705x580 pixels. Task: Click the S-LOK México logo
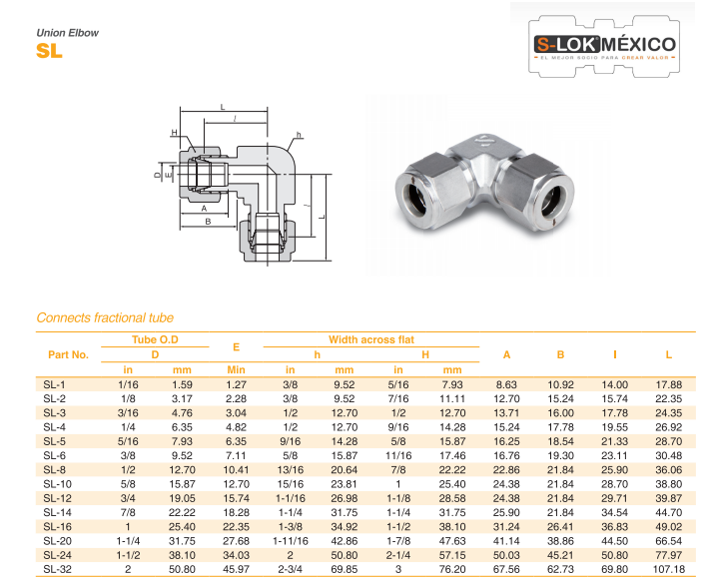click(x=604, y=46)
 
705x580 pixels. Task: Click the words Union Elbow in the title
click(x=68, y=33)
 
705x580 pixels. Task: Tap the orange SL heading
click(x=49, y=51)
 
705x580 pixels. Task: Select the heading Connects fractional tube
click(x=105, y=317)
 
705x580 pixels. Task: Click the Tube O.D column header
click(x=155, y=339)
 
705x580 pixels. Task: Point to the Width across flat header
click(x=371, y=339)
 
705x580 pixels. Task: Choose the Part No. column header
click(x=68, y=354)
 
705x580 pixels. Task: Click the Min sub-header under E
click(x=236, y=369)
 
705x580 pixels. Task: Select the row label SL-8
click(x=54, y=470)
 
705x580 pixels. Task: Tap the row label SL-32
click(x=57, y=569)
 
